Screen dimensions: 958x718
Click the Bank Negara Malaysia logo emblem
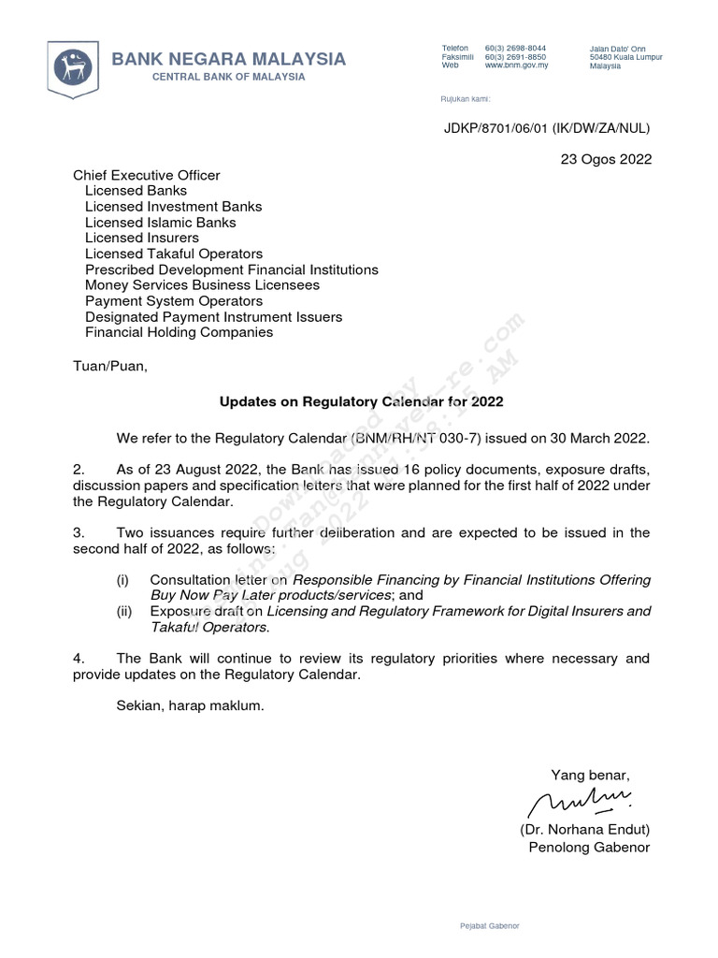(x=73, y=65)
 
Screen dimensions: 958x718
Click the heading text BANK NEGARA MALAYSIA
(x=229, y=59)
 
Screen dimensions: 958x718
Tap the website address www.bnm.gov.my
(x=516, y=65)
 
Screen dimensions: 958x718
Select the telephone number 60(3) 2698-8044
(x=516, y=48)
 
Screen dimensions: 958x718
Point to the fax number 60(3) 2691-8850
(x=516, y=57)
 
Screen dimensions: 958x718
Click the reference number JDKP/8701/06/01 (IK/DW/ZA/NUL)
(x=546, y=128)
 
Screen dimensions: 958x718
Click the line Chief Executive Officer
(x=147, y=175)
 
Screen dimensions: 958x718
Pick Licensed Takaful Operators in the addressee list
(x=174, y=254)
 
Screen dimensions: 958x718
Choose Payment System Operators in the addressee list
(x=174, y=301)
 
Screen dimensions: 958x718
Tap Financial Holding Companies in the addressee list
(x=179, y=332)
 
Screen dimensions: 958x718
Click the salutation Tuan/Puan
(x=110, y=366)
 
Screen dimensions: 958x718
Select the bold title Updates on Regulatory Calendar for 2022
(x=361, y=402)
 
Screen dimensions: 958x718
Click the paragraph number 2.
(x=79, y=469)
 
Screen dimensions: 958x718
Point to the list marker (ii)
(x=123, y=612)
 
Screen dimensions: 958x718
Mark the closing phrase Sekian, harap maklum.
(x=191, y=706)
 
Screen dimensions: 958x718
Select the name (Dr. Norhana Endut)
(x=584, y=830)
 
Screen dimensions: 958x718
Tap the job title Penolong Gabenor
(x=589, y=848)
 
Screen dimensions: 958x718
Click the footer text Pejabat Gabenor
(x=490, y=925)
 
